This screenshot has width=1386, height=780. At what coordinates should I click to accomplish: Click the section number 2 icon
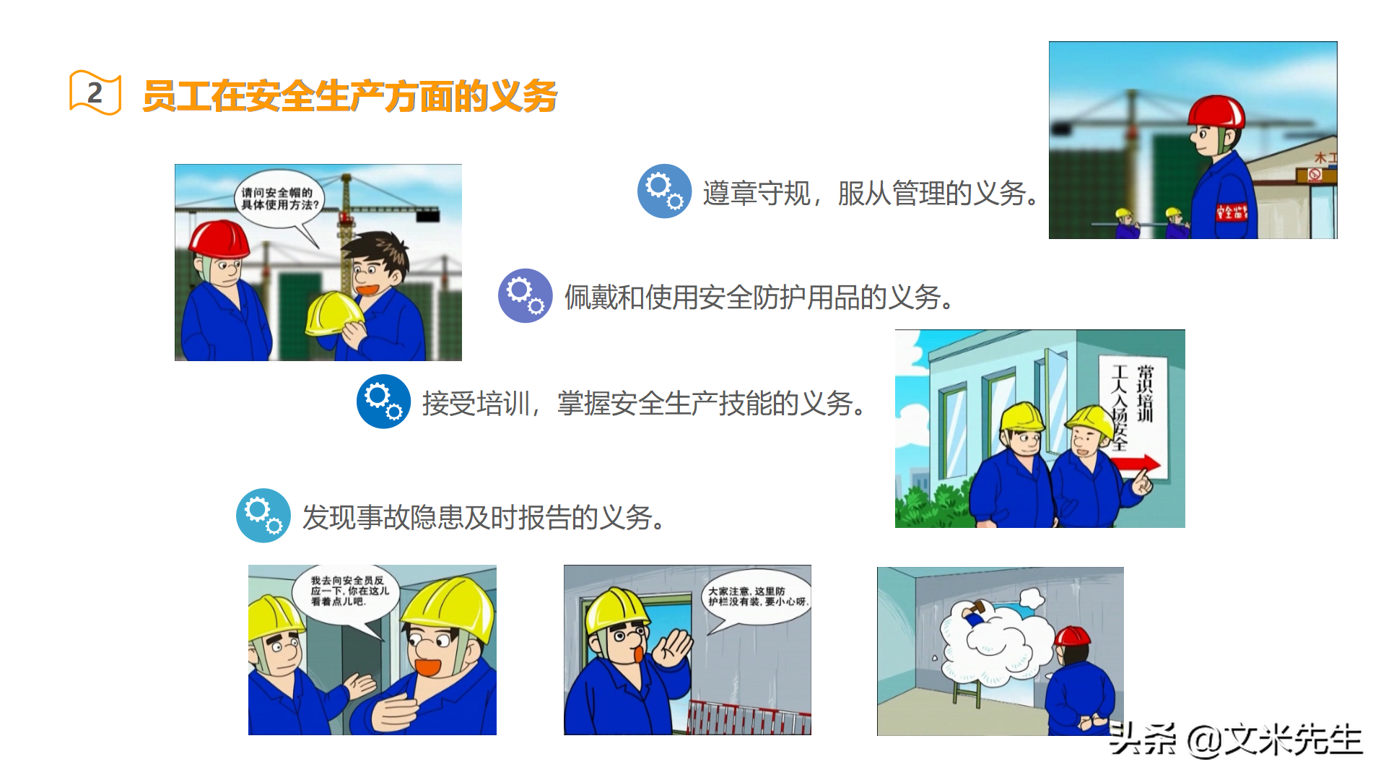tap(95, 92)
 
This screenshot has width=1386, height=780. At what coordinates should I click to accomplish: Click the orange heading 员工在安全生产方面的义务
tap(350, 96)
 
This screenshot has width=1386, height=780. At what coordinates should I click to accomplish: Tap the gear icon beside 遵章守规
tap(664, 191)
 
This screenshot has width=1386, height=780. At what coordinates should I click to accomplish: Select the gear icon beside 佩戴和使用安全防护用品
tap(526, 296)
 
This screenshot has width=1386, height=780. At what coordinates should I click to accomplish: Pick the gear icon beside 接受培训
tap(384, 402)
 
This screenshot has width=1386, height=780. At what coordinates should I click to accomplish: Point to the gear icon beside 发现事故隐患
tap(263, 516)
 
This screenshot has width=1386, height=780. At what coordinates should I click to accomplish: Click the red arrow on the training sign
tap(1139, 464)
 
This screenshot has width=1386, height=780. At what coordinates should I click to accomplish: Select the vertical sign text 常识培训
tap(1145, 393)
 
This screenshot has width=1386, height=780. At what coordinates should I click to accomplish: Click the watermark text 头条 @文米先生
tap(1235, 740)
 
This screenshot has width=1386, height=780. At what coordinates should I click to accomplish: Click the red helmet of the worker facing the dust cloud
tap(1072, 636)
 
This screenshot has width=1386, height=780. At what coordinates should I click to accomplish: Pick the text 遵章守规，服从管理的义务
tap(872, 193)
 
